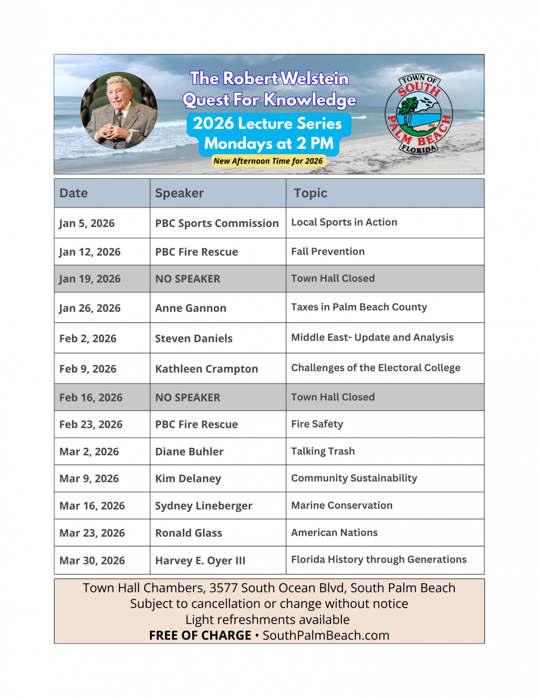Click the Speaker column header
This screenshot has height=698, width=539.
[x=179, y=193]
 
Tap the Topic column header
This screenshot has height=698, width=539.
[x=310, y=193]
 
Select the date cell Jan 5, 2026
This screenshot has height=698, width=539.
[x=87, y=223]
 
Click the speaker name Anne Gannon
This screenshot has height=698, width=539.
[x=190, y=308]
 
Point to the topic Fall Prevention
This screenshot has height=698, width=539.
[x=328, y=252]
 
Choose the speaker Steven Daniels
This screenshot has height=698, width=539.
[x=194, y=338]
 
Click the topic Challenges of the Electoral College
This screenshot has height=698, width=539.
[x=376, y=368]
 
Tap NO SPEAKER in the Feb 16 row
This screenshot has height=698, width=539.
[x=188, y=398]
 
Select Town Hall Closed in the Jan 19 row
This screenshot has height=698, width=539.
[x=333, y=279]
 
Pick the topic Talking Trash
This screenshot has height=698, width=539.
[x=323, y=451]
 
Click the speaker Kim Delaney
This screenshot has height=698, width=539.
[x=188, y=479]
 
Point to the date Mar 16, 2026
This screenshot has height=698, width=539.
[x=92, y=506]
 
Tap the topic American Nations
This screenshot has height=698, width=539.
[x=334, y=533]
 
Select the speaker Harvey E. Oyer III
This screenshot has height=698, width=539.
[x=200, y=561]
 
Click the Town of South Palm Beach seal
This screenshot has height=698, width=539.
[x=419, y=115]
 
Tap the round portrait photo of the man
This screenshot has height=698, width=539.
[x=119, y=111]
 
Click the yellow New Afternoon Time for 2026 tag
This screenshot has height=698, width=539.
[x=268, y=161]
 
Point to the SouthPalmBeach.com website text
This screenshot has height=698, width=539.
[x=326, y=636]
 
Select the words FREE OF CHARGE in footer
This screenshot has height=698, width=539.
[x=200, y=636]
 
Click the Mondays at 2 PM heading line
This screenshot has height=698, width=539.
[x=269, y=144]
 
